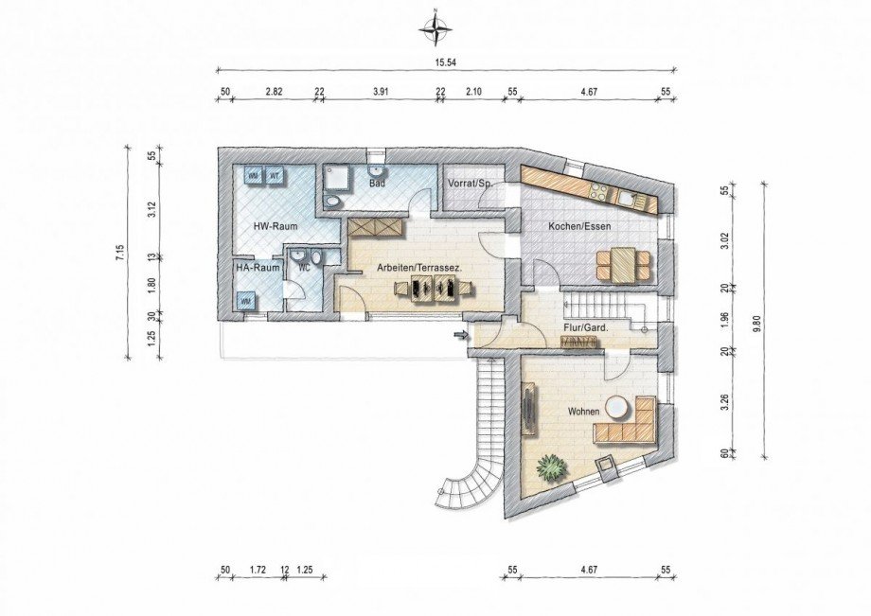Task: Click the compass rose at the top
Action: click(436, 29)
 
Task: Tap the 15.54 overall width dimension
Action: click(446, 62)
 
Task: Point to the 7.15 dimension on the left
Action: click(118, 253)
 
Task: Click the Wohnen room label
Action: click(583, 412)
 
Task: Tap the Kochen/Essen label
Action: click(579, 226)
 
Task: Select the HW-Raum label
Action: click(275, 226)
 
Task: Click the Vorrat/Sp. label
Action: click(470, 184)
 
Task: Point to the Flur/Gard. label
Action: click(587, 328)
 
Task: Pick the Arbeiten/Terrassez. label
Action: click(419, 268)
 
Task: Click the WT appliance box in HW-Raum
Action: click(274, 175)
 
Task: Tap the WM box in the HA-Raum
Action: click(246, 300)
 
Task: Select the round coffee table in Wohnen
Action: click(616, 407)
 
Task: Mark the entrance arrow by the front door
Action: click(460, 335)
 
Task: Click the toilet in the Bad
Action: click(335, 202)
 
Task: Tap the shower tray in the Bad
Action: click(338, 179)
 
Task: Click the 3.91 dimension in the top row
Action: click(380, 92)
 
